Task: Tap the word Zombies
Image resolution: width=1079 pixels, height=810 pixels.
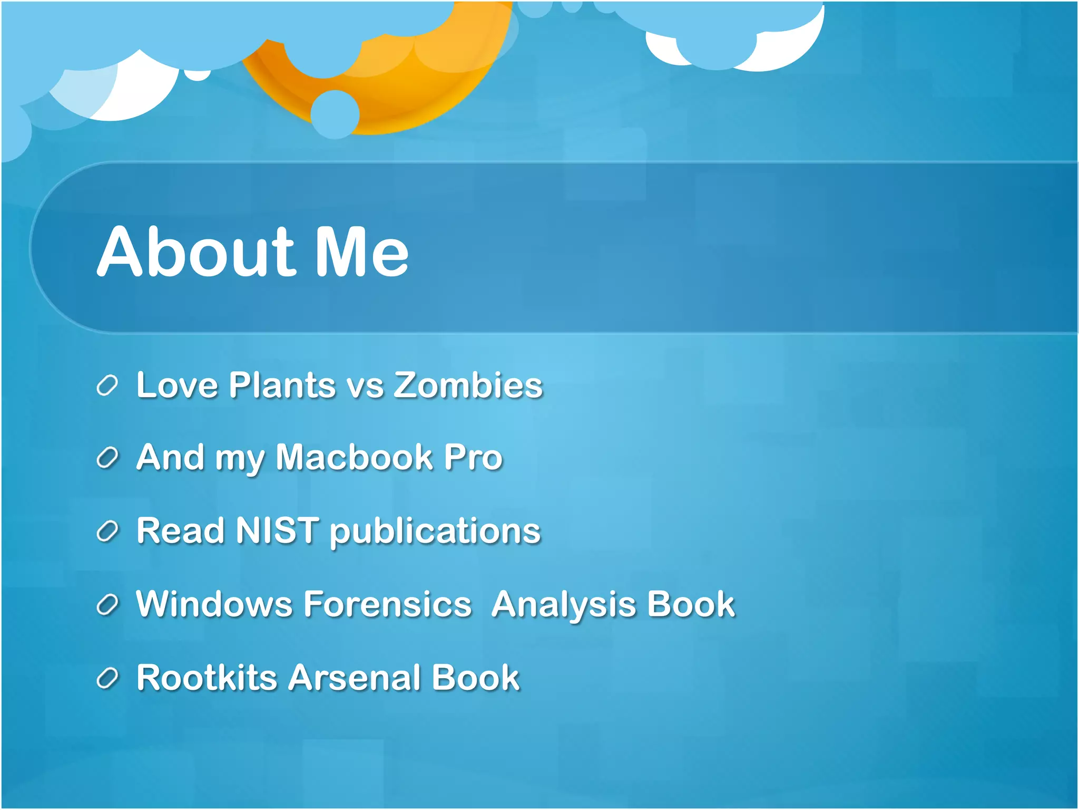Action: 468,385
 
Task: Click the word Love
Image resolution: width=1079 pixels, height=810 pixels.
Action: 177,385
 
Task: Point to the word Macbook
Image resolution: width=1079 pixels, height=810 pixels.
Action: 354,457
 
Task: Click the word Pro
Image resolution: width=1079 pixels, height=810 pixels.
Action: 473,457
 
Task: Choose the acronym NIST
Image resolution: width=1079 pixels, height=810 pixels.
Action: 277,530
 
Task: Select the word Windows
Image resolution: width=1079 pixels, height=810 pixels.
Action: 214,604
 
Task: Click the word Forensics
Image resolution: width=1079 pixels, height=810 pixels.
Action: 388,604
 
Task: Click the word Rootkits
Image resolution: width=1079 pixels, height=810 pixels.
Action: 207,677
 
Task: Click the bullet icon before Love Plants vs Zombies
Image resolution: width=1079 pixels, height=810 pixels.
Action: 107,386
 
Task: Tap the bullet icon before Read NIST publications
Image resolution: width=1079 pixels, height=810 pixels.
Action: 107,532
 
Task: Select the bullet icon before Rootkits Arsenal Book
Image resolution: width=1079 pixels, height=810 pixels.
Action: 107,678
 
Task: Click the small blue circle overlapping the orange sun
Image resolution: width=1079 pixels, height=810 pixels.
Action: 335,114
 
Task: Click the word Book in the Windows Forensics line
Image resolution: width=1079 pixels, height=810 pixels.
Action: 690,604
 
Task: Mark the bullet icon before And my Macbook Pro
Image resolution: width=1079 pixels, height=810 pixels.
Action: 107,458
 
